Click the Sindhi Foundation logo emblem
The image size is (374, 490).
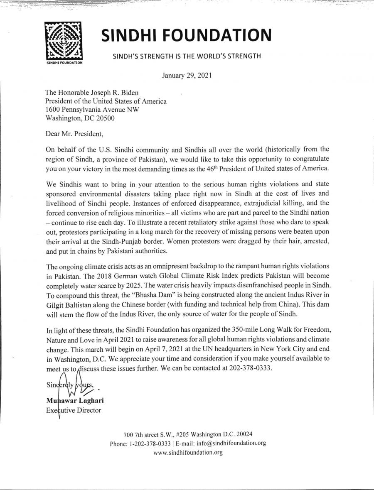[x=64, y=42]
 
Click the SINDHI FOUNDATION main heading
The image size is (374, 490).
[x=187, y=35]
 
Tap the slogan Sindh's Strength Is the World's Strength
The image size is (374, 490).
[x=187, y=56]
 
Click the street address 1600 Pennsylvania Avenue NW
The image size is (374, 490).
[x=92, y=109]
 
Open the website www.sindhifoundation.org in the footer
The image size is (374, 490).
[x=188, y=452]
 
